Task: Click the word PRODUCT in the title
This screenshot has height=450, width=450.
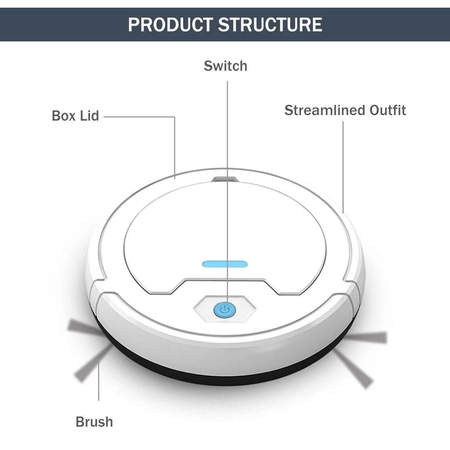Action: point(170,25)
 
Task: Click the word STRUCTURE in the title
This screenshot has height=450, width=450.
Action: point(270,25)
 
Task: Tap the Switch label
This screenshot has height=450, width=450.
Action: point(225,66)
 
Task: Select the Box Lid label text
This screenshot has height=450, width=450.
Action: point(76,116)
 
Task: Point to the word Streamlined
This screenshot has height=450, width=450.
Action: point(325,110)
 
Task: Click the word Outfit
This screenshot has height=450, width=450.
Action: point(388,110)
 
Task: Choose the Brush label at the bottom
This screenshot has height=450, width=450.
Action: point(94,422)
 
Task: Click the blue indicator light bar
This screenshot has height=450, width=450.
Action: point(225,264)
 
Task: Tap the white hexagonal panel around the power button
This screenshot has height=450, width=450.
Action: point(225,309)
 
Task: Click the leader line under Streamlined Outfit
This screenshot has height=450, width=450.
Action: point(343,167)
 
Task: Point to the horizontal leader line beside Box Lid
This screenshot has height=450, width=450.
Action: point(139,117)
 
